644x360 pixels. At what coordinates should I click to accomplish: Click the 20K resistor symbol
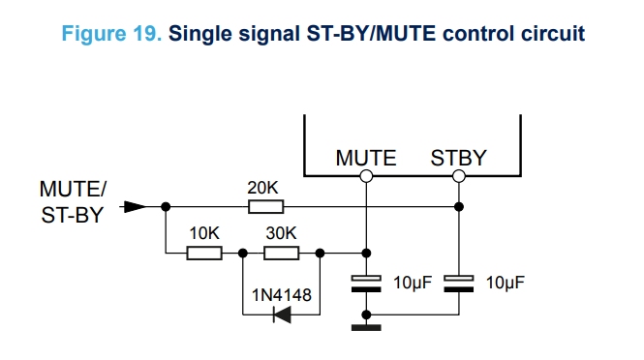pyautogui.click(x=265, y=206)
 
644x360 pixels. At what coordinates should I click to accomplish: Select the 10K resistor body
pyautogui.click(x=204, y=253)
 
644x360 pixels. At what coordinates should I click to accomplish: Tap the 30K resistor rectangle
pyautogui.click(x=282, y=253)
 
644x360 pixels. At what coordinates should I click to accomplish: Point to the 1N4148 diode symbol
pyautogui.click(x=282, y=315)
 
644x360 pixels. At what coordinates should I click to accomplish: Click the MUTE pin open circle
pyautogui.click(x=366, y=176)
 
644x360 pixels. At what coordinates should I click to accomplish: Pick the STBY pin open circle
pyautogui.click(x=459, y=176)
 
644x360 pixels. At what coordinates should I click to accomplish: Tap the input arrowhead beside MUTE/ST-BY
pyautogui.click(x=135, y=206)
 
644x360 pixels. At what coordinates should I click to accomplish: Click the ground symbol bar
pyautogui.click(x=366, y=327)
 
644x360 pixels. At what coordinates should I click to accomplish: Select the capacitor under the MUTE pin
pyautogui.click(x=366, y=284)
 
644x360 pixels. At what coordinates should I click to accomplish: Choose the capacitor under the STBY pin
pyautogui.click(x=459, y=284)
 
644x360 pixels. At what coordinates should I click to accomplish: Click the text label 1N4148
pyautogui.click(x=282, y=295)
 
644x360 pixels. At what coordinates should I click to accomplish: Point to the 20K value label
pyautogui.click(x=262, y=188)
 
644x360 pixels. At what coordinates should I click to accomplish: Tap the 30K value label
pyautogui.click(x=281, y=233)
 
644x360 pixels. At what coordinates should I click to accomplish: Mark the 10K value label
pyautogui.click(x=204, y=233)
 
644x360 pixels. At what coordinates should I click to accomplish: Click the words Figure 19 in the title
pyautogui.click(x=111, y=33)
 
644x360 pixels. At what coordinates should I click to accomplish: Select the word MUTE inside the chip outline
pyautogui.click(x=366, y=158)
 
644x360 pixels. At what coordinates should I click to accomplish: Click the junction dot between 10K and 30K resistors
pyautogui.click(x=243, y=253)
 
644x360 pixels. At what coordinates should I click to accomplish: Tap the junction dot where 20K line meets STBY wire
pyautogui.click(x=459, y=206)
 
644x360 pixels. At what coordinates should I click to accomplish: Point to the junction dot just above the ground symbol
pyautogui.click(x=366, y=315)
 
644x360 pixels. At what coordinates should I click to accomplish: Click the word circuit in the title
pyautogui.click(x=553, y=33)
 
